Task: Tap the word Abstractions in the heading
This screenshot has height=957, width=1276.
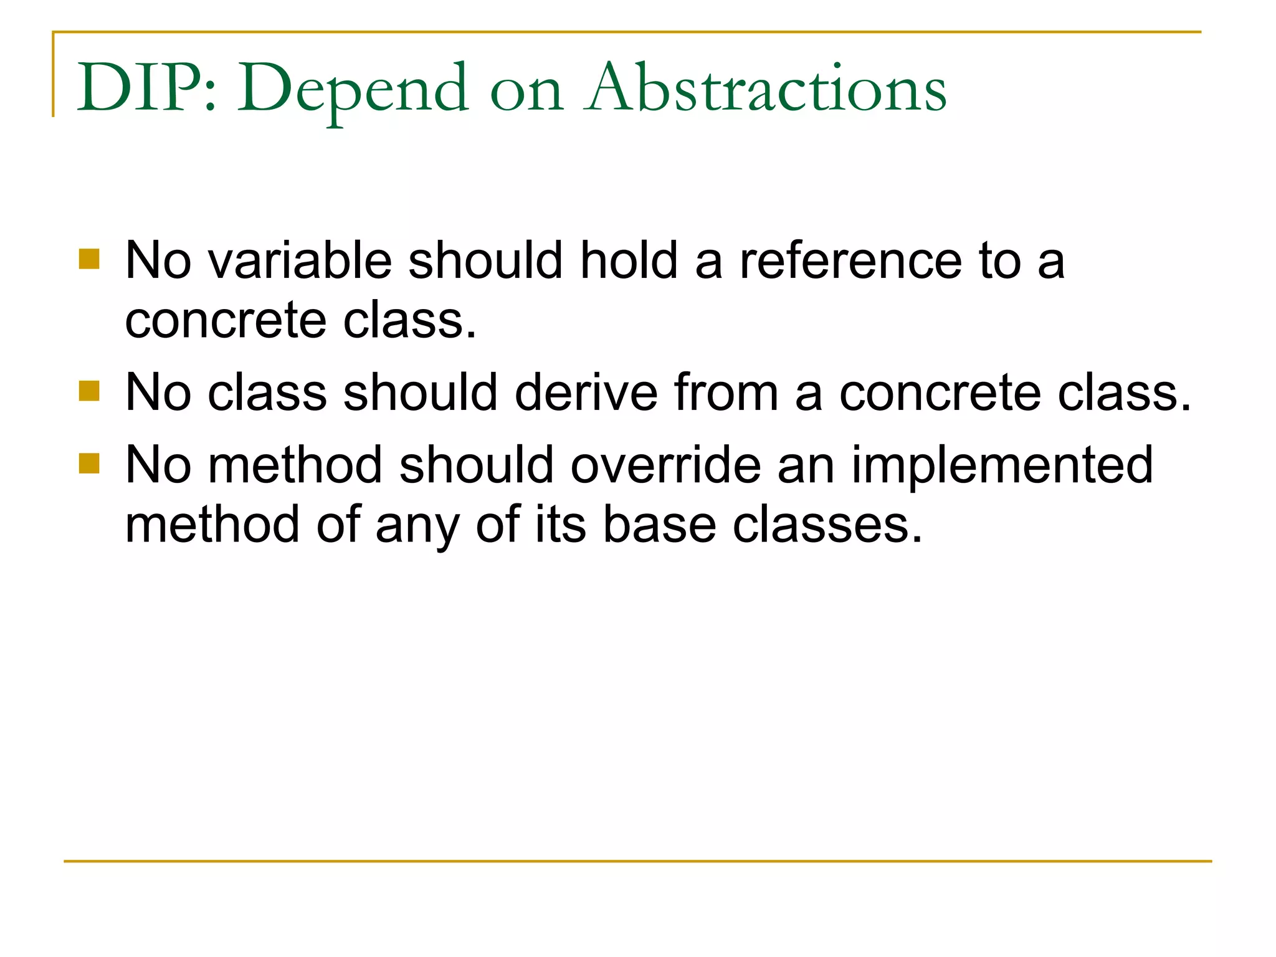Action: coord(765,88)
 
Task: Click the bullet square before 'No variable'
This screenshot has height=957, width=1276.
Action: coord(90,259)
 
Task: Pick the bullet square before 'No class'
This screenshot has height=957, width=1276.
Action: coord(90,392)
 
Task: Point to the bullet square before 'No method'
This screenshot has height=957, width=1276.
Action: coord(90,464)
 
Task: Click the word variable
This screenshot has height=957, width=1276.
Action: coord(300,260)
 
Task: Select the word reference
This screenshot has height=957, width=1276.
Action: coord(850,260)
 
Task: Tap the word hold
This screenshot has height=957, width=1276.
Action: coord(629,260)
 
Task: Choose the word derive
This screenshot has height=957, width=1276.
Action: coord(586,393)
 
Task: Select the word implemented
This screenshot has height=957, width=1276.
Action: coord(1002,466)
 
